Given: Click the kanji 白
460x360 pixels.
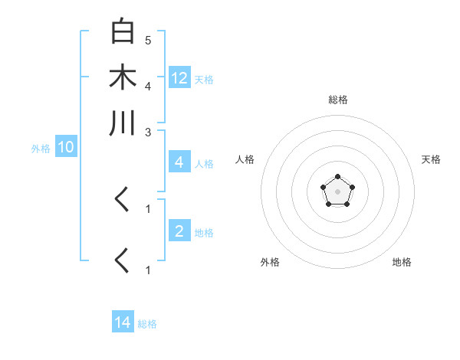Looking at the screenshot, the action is (x=123, y=32).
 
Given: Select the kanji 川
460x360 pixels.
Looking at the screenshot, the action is (x=123, y=123).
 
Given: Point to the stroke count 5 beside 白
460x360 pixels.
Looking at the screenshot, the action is (x=147, y=39).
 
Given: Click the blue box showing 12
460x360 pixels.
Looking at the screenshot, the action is (x=179, y=77).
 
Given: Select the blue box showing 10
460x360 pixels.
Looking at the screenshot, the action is (x=66, y=148).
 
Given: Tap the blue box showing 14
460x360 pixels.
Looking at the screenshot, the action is (x=123, y=323).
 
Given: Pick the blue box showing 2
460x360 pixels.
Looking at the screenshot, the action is (x=179, y=231).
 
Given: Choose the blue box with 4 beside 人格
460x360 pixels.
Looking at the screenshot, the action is (x=179, y=162).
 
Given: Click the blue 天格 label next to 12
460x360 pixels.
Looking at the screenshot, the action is (x=204, y=79).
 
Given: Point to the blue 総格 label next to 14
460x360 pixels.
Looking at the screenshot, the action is (x=147, y=324).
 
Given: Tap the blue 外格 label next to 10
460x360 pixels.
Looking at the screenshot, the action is (x=41, y=149).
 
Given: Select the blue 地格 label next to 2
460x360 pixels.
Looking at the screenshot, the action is (x=204, y=232).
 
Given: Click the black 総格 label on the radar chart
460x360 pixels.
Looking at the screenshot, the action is (x=338, y=100).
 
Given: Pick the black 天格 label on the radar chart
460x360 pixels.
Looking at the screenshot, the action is (x=432, y=159).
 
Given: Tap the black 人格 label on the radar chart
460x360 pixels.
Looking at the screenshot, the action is (x=245, y=159).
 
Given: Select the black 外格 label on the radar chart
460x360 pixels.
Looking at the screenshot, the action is (x=270, y=262).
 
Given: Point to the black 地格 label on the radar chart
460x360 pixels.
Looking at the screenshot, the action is (x=402, y=262).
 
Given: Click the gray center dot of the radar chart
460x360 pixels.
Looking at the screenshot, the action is (x=337, y=191).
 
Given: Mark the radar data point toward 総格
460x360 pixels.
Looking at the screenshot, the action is (x=337, y=177).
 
